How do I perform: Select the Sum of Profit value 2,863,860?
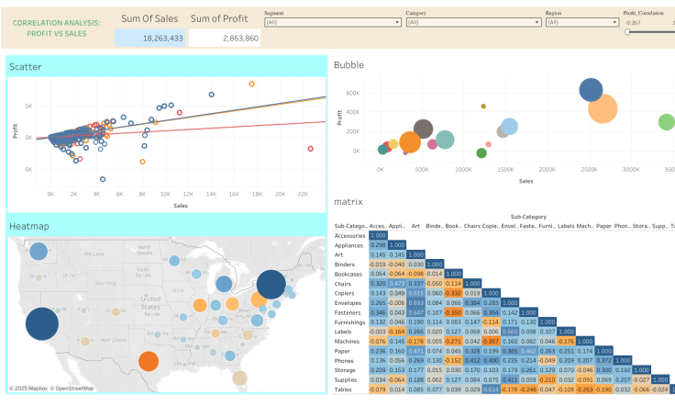point(226,38)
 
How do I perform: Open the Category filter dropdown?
point(473,21)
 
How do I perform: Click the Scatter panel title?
point(25,66)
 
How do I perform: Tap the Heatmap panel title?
point(29,226)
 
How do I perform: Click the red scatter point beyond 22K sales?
point(310,149)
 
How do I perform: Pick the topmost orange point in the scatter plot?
point(251,84)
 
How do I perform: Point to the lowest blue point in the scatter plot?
point(103,179)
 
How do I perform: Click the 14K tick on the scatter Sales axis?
point(211,195)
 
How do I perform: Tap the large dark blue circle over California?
point(40,324)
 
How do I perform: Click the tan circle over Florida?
point(240,377)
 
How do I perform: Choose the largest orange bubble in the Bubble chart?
point(603,108)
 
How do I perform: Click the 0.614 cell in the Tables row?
point(492,389)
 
